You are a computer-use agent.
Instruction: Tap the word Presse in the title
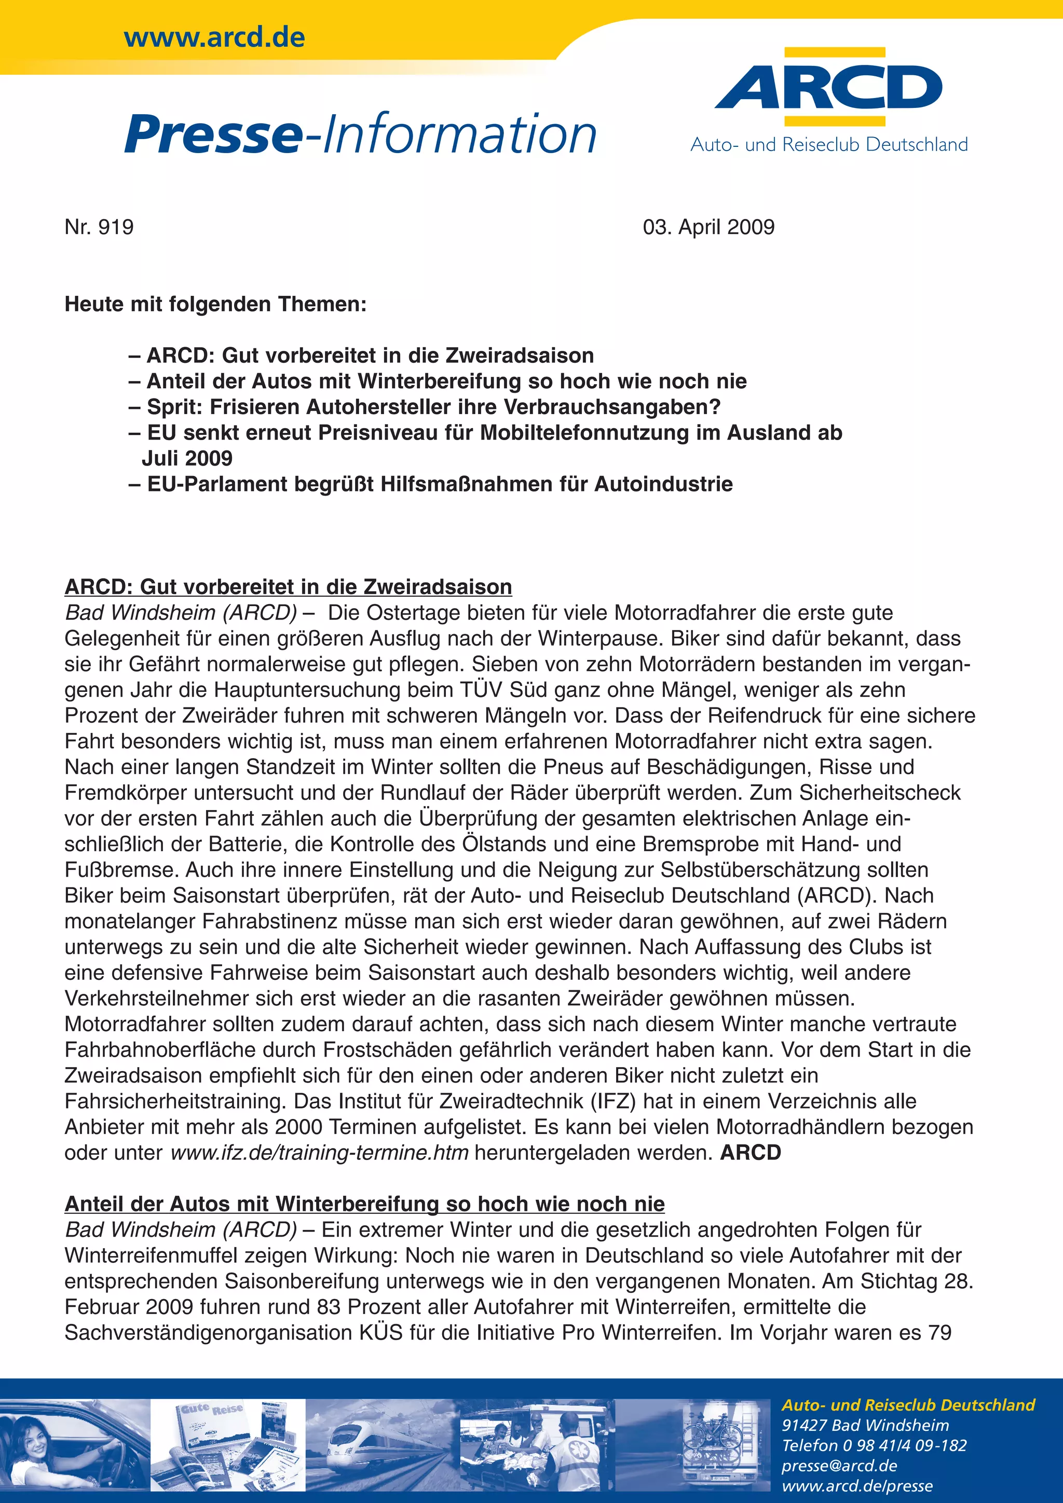coord(213,134)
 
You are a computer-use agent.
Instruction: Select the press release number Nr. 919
coord(99,227)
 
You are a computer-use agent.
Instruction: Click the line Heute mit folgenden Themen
coord(215,305)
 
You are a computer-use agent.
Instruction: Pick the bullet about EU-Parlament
coord(432,484)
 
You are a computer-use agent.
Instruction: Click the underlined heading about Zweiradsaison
coord(288,586)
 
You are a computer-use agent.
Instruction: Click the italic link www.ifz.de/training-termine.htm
coord(319,1152)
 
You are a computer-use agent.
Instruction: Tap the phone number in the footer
coord(874,1445)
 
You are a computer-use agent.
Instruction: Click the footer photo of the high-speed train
coord(383,1445)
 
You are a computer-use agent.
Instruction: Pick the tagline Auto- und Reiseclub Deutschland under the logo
coord(829,145)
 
